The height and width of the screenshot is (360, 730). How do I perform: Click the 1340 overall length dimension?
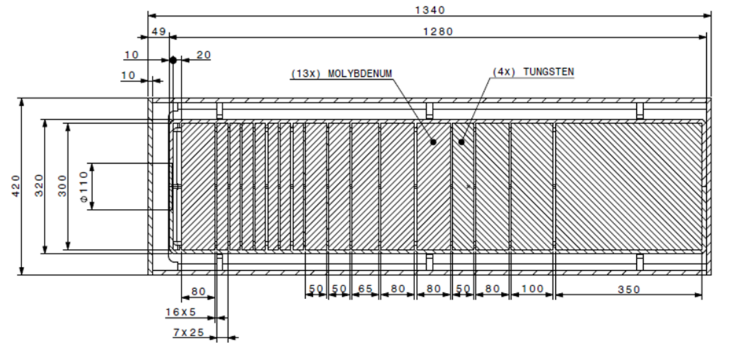pyautogui.click(x=430, y=9)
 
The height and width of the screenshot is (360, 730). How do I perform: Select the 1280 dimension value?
pyautogui.click(x=438, y=31)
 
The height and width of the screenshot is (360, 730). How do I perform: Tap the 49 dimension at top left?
pyautogui.click(x=158, y=31)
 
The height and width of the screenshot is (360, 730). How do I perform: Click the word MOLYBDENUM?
pyautogui.click(x=360, y=74)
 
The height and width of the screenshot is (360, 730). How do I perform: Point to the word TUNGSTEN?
pyautogui.click(x=548, y=72)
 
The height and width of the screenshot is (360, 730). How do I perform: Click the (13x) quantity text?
pyautogui.click(x=305, y=74)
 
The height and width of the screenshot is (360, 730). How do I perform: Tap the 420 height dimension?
pyautogui.click(x=16, y=186)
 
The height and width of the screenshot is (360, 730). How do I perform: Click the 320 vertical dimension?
pyautogui.click(x=39, y=186)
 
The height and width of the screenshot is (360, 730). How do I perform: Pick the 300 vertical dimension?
pyautogui.click(x=63, y=186)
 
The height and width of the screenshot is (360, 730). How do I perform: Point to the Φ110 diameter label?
pyautogui.click(x=85, y=186)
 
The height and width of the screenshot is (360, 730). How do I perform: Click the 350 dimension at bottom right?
pyautogui.click(x=629, y=289)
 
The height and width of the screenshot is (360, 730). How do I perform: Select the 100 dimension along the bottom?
pyautogui.click(x=533, y=288)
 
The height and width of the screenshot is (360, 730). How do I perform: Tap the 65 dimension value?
pyautogui.click(x=365, y=288)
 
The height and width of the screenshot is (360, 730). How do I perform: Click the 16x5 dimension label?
pyautogui.click(x=181, y=312)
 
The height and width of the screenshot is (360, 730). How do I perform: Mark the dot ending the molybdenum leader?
pyautogui.click(x=433, y=141)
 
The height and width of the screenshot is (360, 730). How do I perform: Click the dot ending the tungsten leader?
pyautogui.click(x=461, y=141)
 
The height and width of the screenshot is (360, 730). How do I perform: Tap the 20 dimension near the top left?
pyautogui.click(x=204, y=55)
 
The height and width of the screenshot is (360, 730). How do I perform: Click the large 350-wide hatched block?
pyautogui.click(x=628, y=186)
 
